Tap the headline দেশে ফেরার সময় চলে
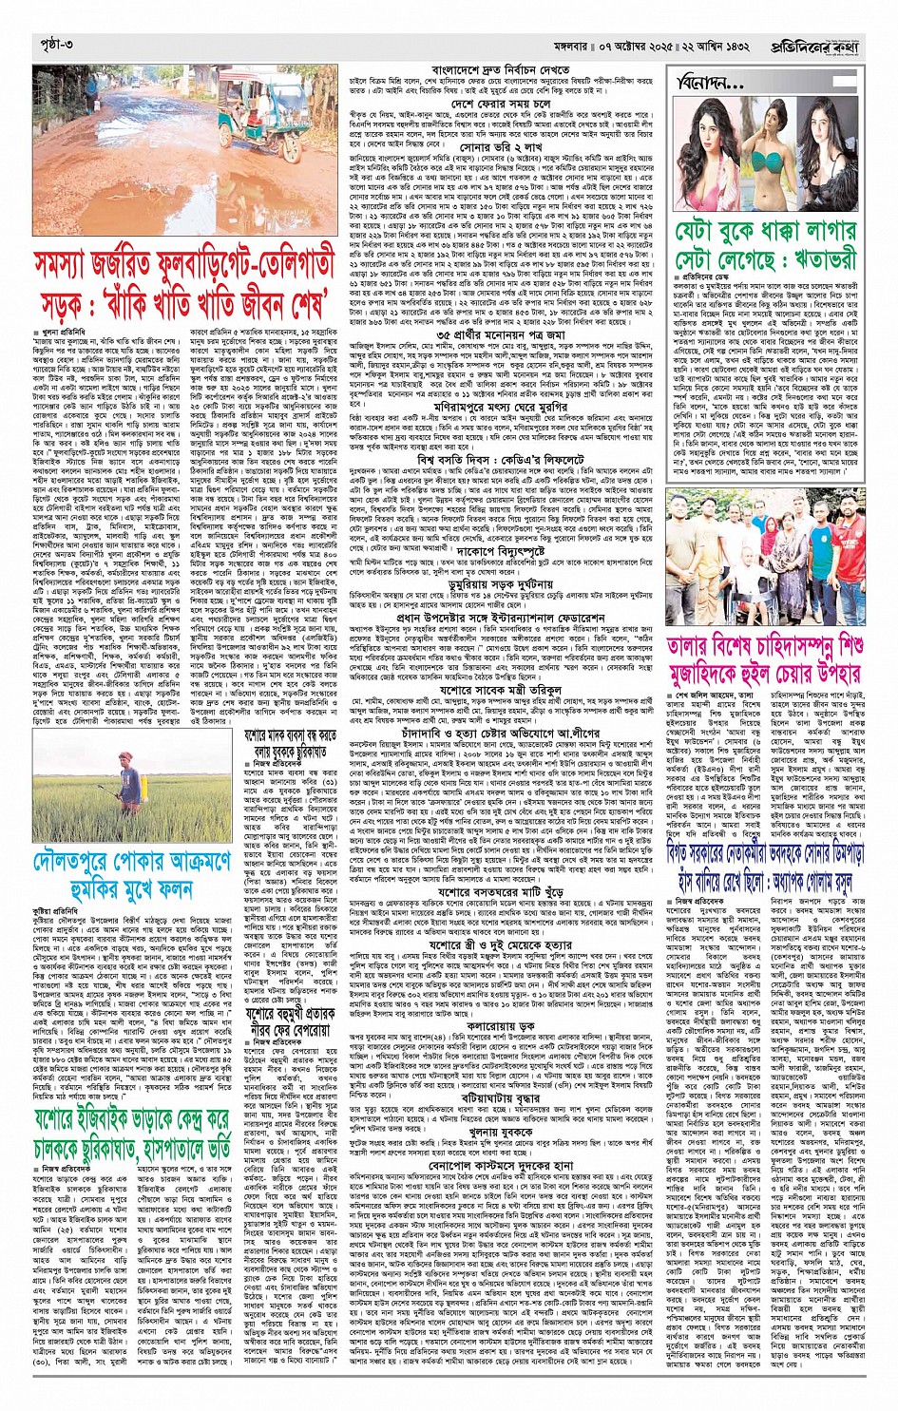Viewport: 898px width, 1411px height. click(x=501, y=103)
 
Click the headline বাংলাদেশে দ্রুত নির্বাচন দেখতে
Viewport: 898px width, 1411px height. click(x=501, y=70)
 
